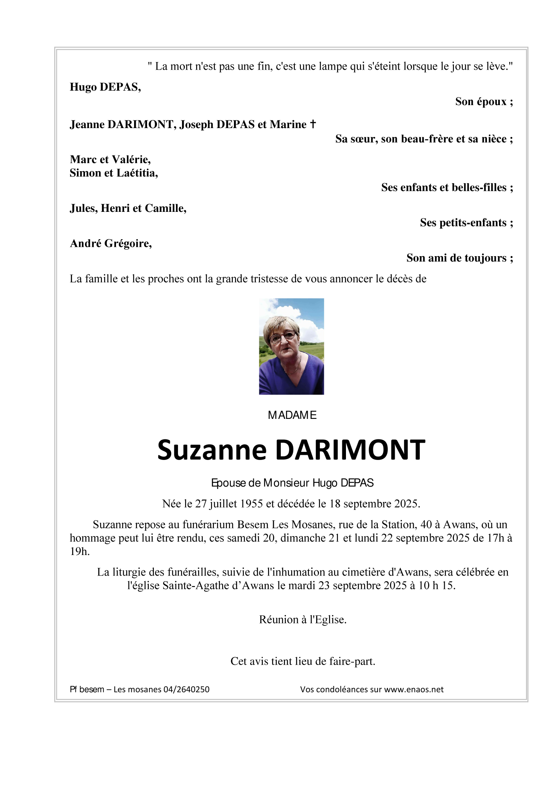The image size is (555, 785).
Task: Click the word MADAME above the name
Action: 292,415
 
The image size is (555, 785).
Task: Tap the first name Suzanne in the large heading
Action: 212,450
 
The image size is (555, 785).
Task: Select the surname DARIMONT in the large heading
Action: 350,450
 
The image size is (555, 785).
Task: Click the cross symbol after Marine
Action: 313,124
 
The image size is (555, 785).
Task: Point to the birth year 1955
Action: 251,503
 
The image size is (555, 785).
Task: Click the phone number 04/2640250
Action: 186,689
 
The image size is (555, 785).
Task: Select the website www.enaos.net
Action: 414,689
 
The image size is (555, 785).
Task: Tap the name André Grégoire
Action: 111,243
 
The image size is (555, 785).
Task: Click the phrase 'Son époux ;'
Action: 484,101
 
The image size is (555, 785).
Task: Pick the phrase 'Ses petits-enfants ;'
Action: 466,223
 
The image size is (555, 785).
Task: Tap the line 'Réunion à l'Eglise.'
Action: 303,619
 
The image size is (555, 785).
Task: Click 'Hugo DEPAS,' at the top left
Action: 105,87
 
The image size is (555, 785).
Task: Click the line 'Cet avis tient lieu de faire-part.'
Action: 303,661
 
